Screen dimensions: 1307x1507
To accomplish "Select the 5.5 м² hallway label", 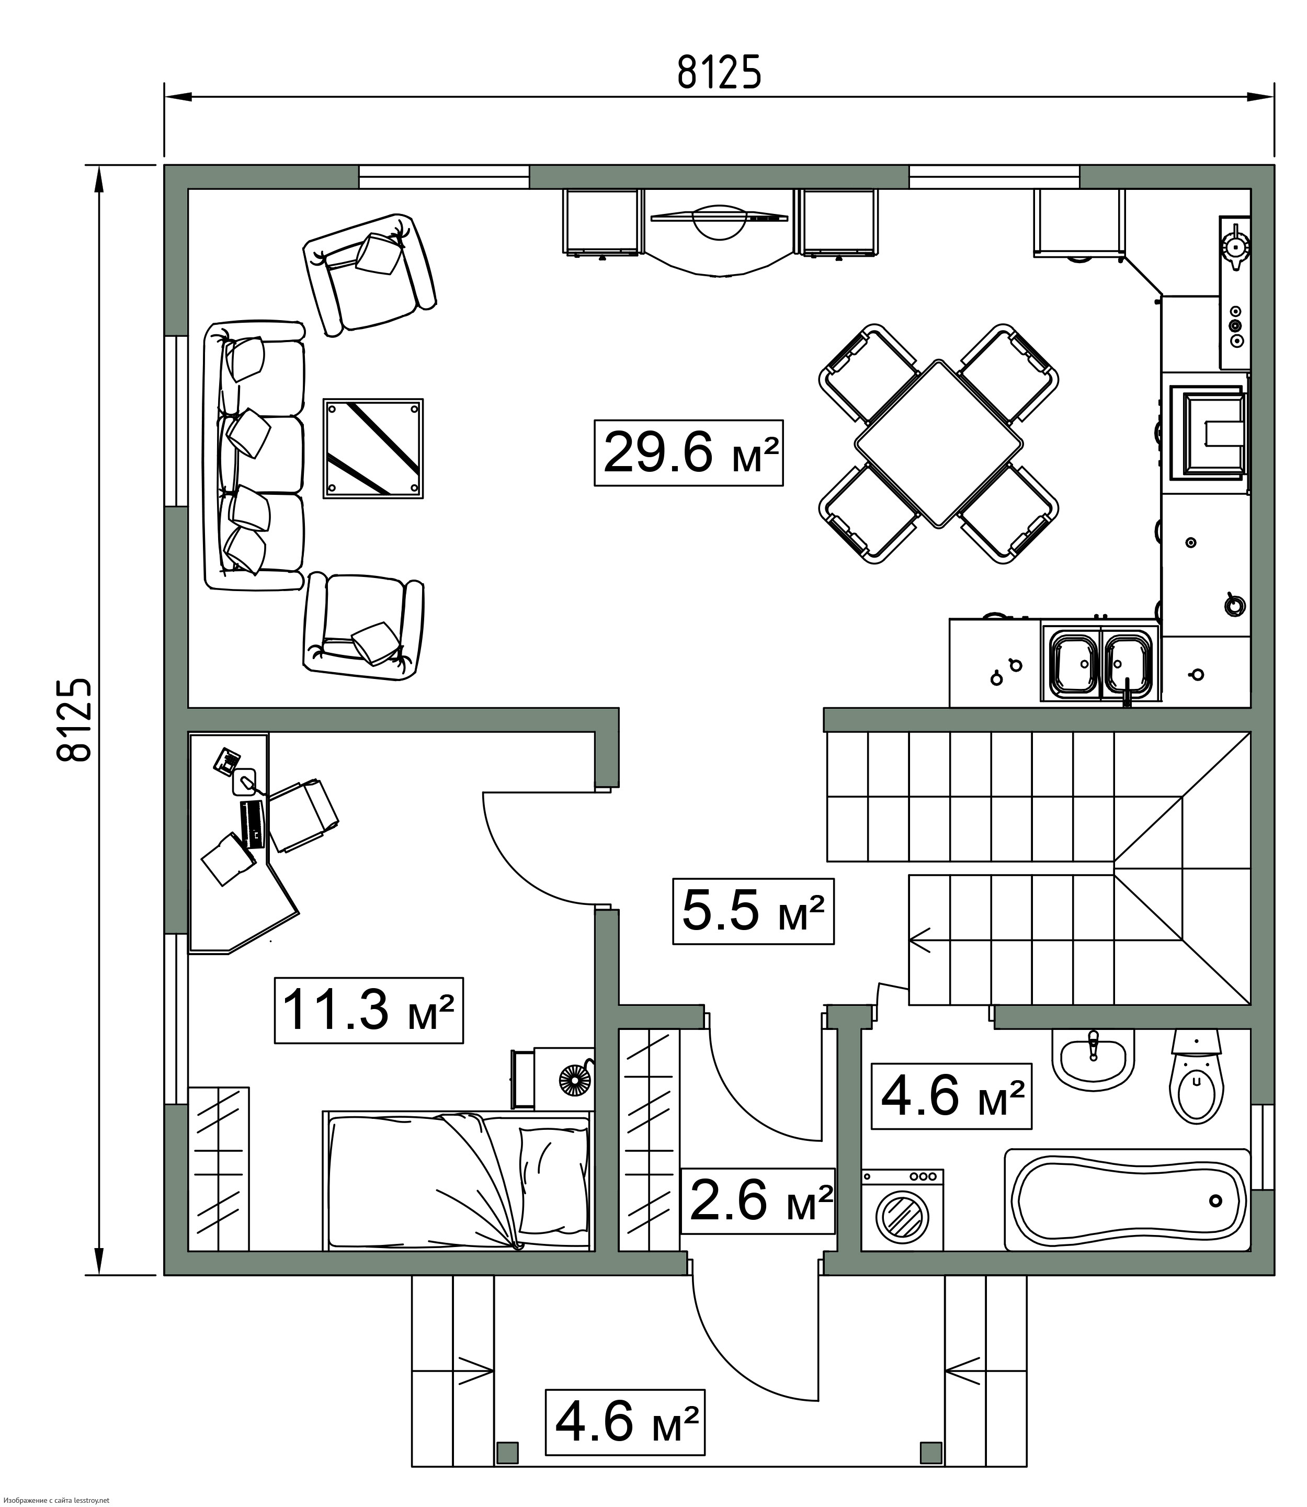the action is click(x=753, y=912).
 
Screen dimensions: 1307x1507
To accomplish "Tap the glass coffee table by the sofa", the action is click(x=373, y=449).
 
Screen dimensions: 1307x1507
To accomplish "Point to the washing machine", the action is click(x=902, y=1211).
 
